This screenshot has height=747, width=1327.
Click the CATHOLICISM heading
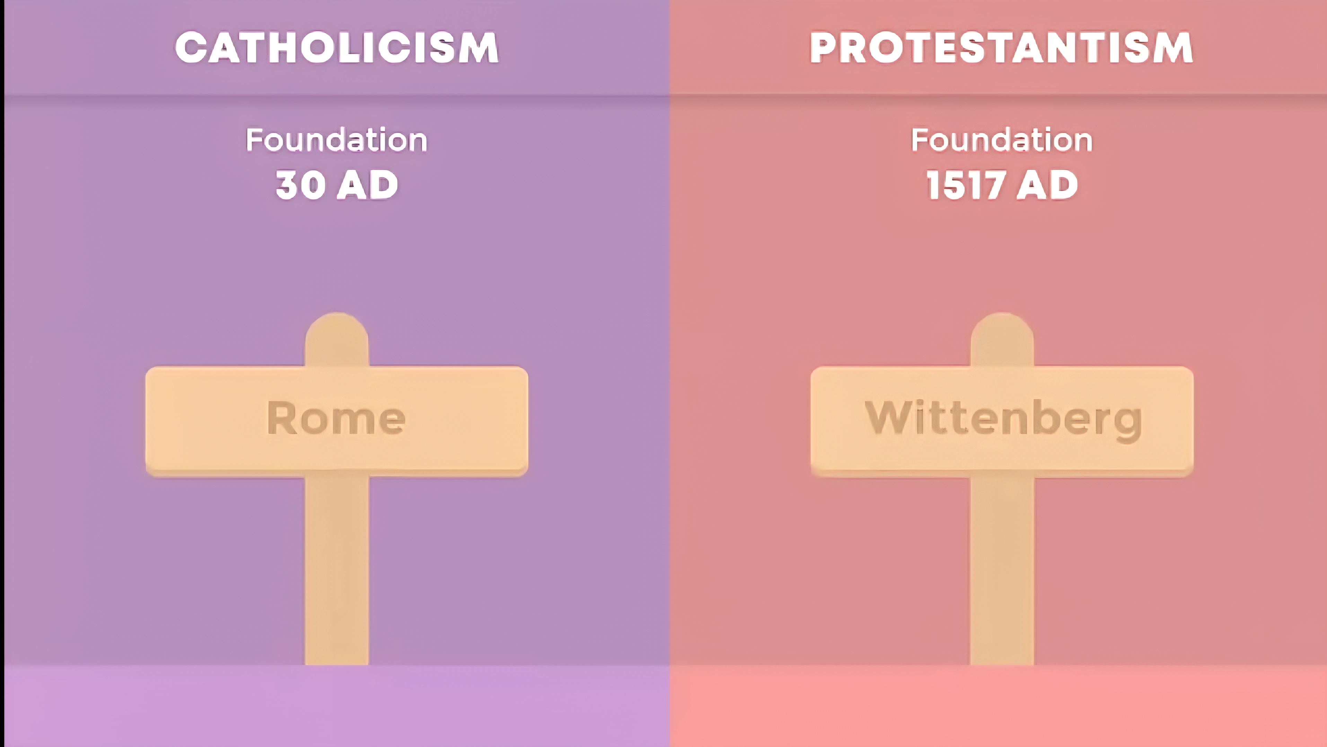click(337, 47)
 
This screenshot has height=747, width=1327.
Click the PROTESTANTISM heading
click(1001, 47)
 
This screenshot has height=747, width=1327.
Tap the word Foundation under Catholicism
click(336, 140)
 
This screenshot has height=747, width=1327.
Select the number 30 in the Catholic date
click(301, 185)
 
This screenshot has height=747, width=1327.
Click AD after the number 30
click(367, 185)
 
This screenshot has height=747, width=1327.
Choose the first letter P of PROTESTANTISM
click(825, 48)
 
